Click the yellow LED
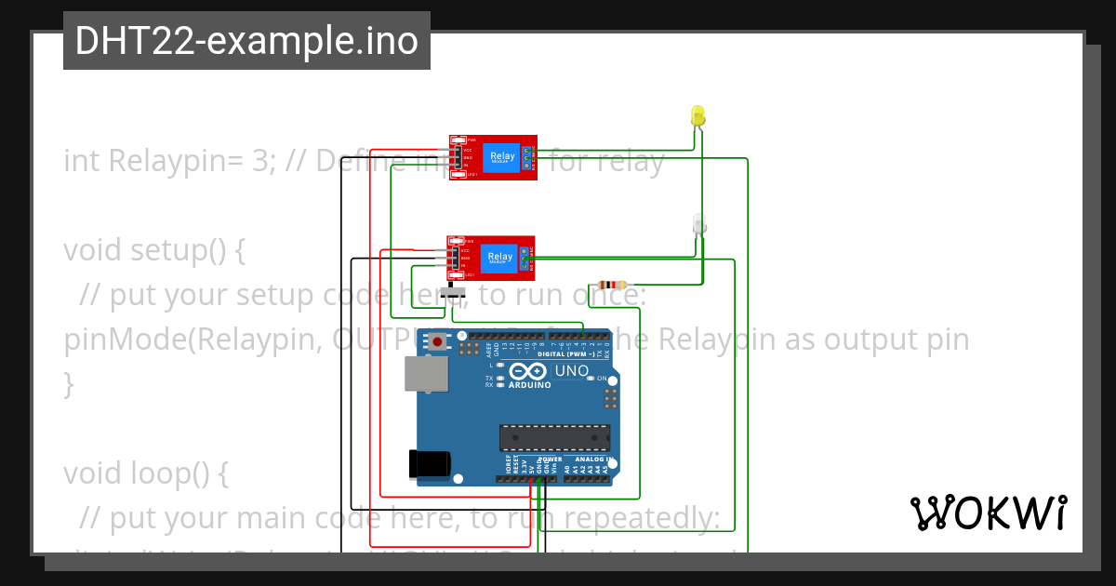[698, 116]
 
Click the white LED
[699, 224]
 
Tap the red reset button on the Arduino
[437, 342]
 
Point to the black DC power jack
[431, 462]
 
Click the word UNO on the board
[572, 371]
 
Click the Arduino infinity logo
[529, 372]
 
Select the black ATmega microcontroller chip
[555, 437]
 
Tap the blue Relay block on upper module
[501, 157]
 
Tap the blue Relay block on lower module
[499, 258]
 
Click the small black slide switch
[453, 293]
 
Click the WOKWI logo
[989, 513]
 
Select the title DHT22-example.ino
[246, 41]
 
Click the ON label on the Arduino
[602, 379]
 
